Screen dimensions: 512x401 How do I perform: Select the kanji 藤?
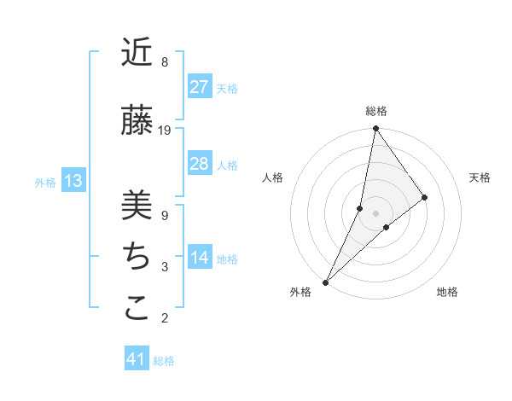pyautogui.click(x=137, y=122)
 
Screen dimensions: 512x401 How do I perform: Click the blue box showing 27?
pyautogui.click(x=200, y=87)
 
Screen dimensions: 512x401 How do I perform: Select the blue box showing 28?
pyautogui.click(x=200, y=164)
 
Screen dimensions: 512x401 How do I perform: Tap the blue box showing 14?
pyautogui.click(x=200, y=258)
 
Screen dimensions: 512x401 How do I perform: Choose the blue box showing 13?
pyautogui.click(x=73, y=181)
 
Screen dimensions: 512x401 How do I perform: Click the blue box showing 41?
pyautogui.click(x=137, y=359)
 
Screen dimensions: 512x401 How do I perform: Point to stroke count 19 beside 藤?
pyautogui.click(x=165, y=131)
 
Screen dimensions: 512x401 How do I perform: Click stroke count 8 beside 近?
pyautogui.click(x=164, y=62)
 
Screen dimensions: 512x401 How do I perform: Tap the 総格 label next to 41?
pyautogui.click(x=164, y=361)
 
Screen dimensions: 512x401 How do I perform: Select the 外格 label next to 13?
pyautogui.click(x=45, y=182)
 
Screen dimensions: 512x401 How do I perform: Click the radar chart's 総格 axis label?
pyautogui.click(x=376, y=111)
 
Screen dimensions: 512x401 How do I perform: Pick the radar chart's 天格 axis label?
pyautogui.click(x=480, y=177)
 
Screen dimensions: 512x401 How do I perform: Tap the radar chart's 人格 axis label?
pyautogui.click(x=272, y=177)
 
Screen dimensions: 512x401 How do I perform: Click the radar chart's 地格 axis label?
pyautogui.click(x=447, y=292)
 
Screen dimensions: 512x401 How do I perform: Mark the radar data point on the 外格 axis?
pyautogui.click(x=325, y=282)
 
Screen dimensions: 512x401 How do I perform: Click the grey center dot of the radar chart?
pyautogui.click(x=376, y=212)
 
